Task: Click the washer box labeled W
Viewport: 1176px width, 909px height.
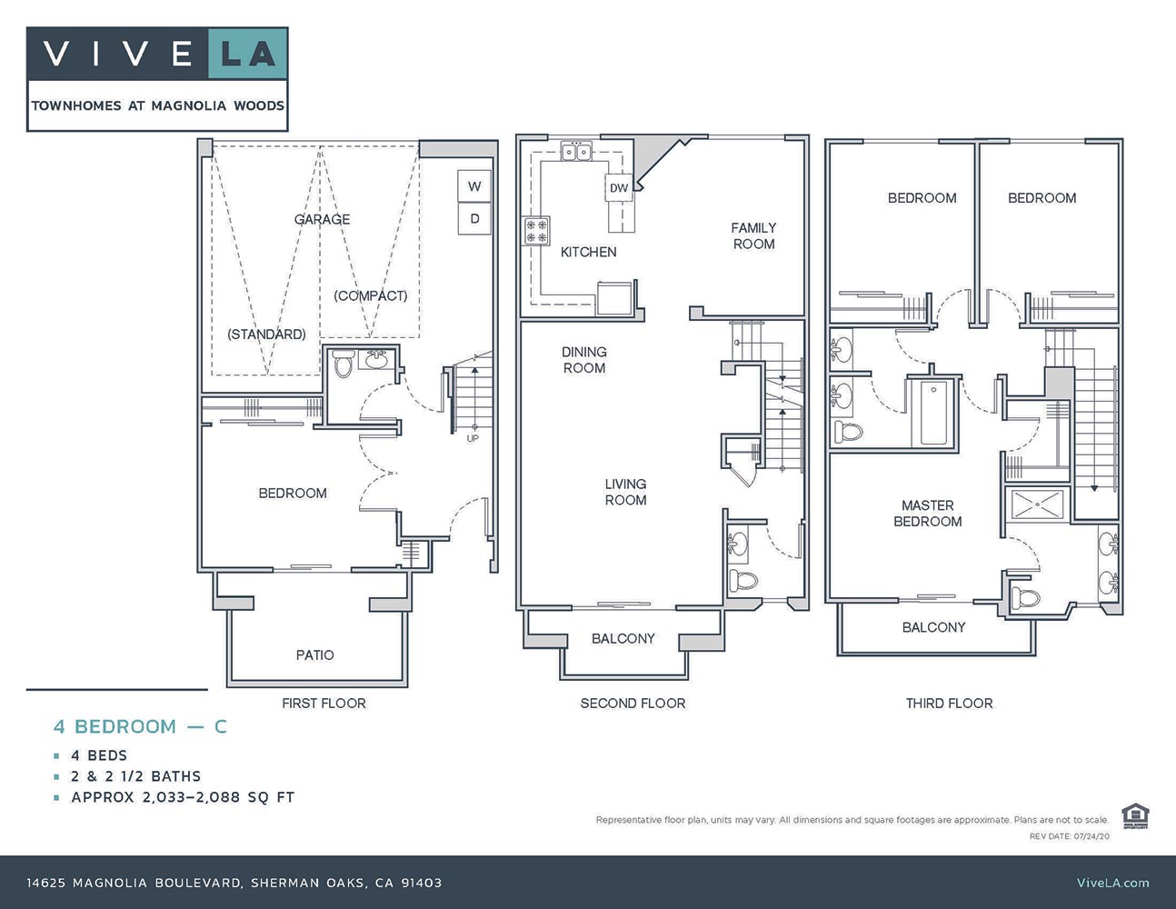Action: point(474,186)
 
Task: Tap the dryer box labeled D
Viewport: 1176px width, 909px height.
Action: point(474,219)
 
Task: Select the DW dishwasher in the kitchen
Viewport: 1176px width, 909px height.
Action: point(618,188)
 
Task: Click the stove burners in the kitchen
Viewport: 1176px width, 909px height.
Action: point(536,231)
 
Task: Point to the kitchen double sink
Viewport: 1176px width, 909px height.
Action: point(576,152)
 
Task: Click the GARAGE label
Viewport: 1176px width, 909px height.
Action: point(322,219)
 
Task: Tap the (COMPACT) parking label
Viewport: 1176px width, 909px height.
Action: point(370,295)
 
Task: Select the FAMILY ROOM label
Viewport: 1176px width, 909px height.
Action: point(753,235)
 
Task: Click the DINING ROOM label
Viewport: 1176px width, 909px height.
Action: point(583,359)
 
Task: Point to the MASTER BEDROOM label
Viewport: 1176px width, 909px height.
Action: point(927,513)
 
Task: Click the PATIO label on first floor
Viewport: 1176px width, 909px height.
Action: point(314,654)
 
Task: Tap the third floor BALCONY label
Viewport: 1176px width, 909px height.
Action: point(933,627)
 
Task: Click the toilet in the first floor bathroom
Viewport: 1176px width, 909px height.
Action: point(343,365)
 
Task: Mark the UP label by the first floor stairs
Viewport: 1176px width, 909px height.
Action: point(473,438)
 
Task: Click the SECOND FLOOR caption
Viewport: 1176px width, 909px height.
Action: point(633,703)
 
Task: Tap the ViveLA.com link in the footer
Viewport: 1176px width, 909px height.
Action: point(1112,882)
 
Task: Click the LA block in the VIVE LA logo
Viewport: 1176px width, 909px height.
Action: point(248,55)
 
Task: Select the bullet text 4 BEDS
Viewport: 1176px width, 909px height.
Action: point(99,755)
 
